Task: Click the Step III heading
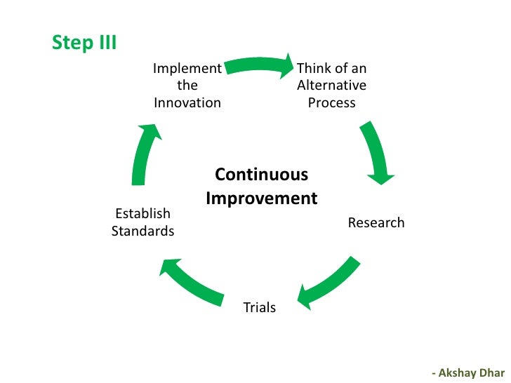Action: point(84,43)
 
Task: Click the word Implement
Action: point(187,68)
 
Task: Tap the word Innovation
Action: point(187,102)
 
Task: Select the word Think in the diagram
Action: point(312,68)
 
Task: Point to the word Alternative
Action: point(331,86)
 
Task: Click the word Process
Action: point(331,102)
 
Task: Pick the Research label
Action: point(376,223)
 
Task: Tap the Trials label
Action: point(259,307)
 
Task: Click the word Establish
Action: point(142,214)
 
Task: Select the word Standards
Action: point(142,231)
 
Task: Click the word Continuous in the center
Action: point(261,174)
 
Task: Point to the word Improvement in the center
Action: point(261,199)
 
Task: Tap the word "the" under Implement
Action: point(187,86)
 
